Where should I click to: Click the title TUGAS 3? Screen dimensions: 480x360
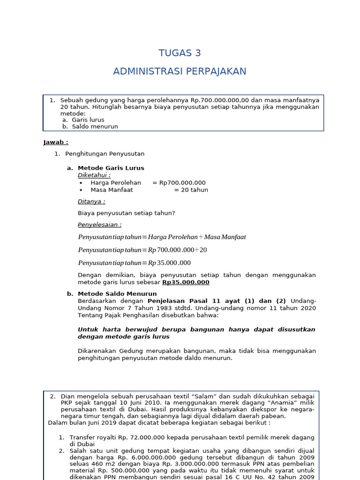coord(180,53)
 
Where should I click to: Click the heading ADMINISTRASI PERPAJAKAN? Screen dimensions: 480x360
coord(180,71)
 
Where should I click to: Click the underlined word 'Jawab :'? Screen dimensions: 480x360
coord(56,142)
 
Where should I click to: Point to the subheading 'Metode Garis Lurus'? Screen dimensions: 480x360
coord(111,168)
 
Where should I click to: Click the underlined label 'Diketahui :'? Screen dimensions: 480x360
coord(94,175)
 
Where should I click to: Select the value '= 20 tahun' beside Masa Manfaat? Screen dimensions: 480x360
coord(191,190)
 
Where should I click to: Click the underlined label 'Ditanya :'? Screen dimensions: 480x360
coord(91,202)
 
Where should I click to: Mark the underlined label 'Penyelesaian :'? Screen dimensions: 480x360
coord(100,225)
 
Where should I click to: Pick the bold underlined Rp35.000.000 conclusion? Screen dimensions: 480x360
coord(186,282)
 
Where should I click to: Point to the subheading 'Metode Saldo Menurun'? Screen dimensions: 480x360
coord(117,294)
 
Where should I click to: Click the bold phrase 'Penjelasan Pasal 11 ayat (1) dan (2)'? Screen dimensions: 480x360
coord(217,301)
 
